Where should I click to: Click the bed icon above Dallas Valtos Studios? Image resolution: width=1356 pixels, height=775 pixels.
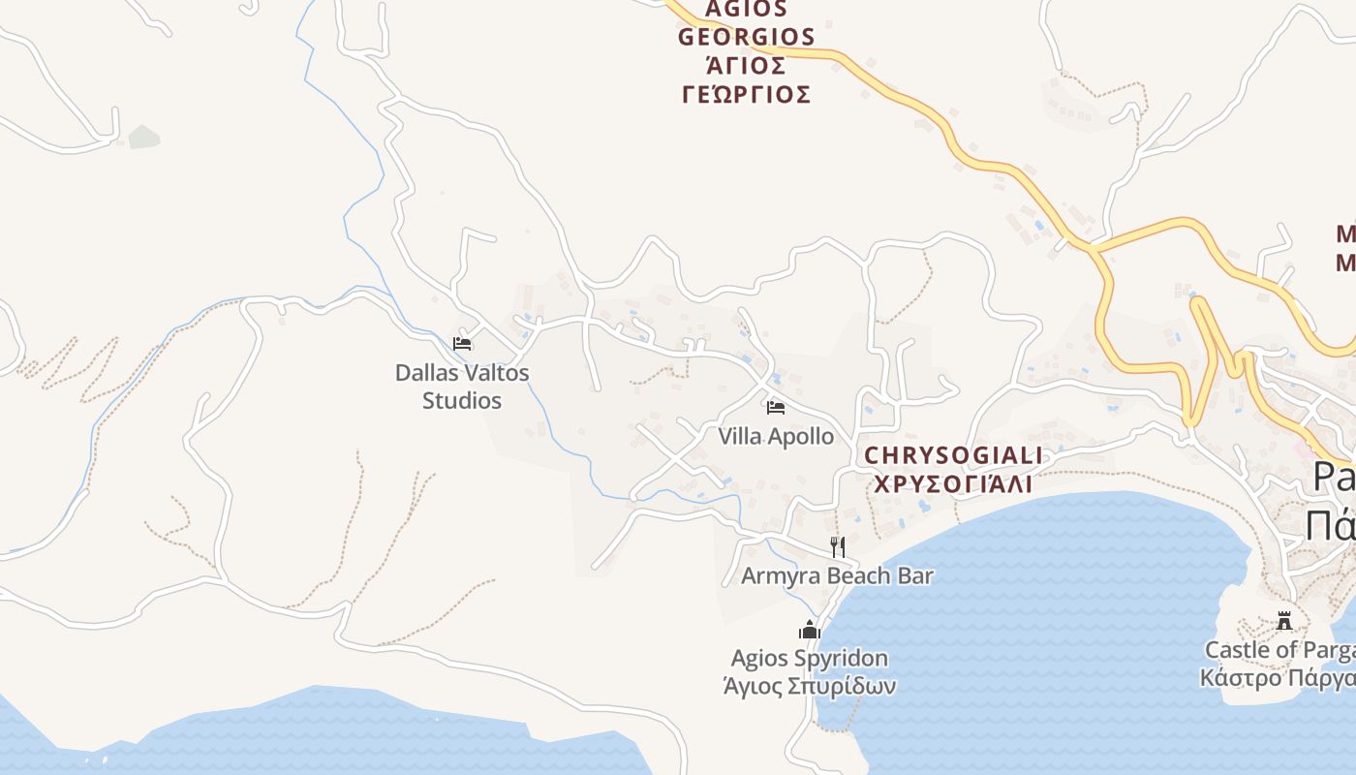[x=462, y=343]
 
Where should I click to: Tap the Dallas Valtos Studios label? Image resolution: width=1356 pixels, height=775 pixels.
[x=462, y=386]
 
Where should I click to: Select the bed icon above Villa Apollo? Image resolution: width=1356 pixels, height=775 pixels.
[x=775, y=408]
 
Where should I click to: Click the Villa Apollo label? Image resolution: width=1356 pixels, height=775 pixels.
[x=776, y=436]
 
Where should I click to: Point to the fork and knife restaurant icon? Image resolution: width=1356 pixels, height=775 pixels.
[x=837, y=547]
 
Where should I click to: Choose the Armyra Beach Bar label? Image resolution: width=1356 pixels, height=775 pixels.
[x=837, y=575]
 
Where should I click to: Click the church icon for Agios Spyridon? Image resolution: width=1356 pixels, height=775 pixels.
[x=810, y=631]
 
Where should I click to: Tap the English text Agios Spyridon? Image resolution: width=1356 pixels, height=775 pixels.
[x=809, y=659]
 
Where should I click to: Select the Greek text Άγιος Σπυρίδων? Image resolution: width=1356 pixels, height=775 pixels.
[x=809, y=686]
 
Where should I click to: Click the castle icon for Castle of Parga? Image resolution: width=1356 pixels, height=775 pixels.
[x=1284, y=621]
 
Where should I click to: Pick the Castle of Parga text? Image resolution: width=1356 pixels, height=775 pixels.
[x=1279, y=649]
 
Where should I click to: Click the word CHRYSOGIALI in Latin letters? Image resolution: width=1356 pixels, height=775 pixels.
[x=953, y=455]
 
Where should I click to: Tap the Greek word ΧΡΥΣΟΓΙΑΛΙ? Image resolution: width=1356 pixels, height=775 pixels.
[x=953, y=483]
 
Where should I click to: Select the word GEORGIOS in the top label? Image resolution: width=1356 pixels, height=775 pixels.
[x=746, y=37]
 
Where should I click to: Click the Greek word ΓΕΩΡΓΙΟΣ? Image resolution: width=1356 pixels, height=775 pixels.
[x=746, y=94]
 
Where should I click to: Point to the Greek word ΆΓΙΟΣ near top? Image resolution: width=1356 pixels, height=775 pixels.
[x=746, y=65]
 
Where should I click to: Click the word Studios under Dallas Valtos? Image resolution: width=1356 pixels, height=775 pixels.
[x=462, y=400]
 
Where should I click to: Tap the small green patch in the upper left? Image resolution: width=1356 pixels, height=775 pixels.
[x=143, y=137]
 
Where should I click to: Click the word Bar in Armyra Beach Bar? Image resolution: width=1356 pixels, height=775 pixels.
[x=915, y=575]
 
